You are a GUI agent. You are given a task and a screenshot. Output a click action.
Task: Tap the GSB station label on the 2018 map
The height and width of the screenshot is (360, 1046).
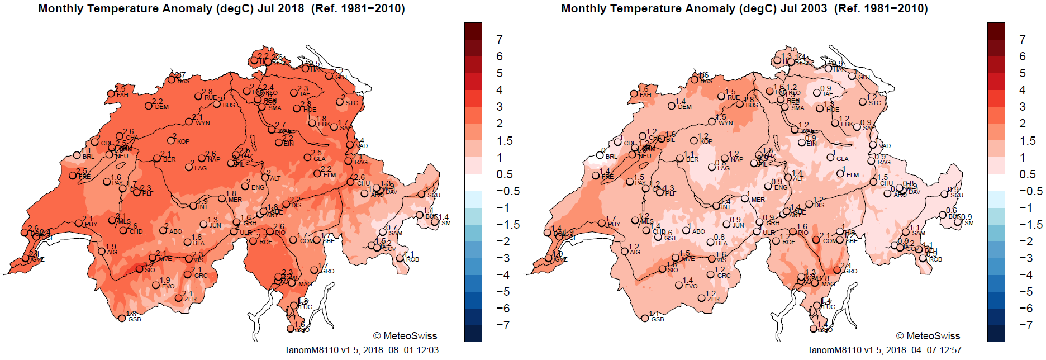tap(135, 320)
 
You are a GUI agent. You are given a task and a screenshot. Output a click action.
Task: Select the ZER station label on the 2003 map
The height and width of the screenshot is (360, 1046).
tap(714, 299)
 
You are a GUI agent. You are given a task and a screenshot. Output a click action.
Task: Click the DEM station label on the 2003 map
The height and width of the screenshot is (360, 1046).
tap(684, 107)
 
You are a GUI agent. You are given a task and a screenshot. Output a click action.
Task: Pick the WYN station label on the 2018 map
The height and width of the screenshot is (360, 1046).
tap(203, 123)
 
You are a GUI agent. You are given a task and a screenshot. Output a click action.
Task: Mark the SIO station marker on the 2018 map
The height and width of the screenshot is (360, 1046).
tap(140, 269)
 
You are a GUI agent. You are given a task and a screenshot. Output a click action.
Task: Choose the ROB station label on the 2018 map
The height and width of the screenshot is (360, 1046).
tap(412, 259)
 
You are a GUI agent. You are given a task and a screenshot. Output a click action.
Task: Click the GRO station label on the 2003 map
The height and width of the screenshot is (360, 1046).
tap(850, 271)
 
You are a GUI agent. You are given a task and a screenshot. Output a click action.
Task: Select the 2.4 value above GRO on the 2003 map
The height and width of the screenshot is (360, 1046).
tap(846, 266)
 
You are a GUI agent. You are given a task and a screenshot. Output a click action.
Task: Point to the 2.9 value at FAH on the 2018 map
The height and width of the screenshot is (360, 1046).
tap(120, 89)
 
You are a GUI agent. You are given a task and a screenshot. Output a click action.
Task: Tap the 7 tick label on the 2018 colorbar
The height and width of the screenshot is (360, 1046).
tap(500, 40)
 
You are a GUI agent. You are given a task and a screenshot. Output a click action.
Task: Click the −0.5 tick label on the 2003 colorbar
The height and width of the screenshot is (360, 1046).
tap(1031, 191)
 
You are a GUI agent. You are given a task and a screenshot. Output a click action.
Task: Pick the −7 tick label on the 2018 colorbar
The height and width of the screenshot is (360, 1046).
tap(503, 325)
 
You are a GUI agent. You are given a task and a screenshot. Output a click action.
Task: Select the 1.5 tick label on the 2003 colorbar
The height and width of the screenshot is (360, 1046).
tap(1028, 141)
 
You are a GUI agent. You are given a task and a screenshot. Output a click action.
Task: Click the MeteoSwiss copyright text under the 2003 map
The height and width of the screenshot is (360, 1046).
tap(928, 336)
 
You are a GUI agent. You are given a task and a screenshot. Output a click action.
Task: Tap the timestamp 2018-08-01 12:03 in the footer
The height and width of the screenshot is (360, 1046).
tap(401, 350)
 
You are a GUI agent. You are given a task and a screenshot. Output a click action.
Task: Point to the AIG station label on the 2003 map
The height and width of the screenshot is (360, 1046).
tap(635, 253)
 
